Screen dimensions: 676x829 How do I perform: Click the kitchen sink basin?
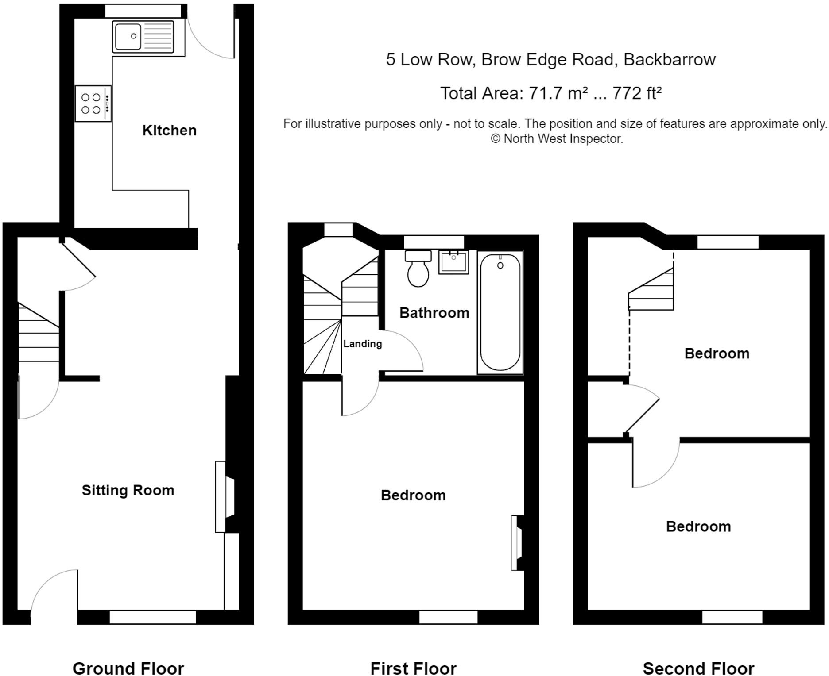(128, 37)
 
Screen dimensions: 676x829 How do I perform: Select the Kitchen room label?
(169, 131)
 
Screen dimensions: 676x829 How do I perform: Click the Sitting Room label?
(128, 490)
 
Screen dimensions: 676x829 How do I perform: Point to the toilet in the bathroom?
(418, 269)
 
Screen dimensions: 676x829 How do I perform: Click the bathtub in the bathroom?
(500, 312)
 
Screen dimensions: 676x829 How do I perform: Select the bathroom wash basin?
(453, 262)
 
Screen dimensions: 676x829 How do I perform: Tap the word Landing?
(362, 344)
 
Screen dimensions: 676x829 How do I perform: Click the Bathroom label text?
(434, 313)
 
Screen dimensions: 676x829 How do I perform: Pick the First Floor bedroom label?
(413, 495)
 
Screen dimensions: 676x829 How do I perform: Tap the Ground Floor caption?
(128, 668)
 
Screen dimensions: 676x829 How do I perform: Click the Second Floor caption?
(698, 668)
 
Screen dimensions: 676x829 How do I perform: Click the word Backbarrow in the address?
(669, 60)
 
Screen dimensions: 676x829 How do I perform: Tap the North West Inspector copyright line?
(557, 139)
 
